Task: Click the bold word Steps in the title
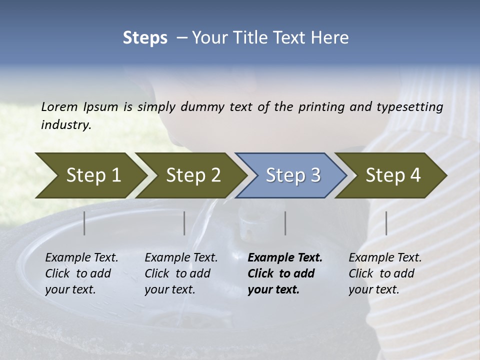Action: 145,38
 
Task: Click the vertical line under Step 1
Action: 84,223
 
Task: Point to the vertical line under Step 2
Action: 184,223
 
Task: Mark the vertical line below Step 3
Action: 285,223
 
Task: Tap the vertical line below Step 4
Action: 386,223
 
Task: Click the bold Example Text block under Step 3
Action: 285,273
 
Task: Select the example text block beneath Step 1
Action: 81,273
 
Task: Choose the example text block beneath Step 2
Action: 181,273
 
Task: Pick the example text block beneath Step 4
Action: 385,273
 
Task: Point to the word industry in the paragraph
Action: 66,124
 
